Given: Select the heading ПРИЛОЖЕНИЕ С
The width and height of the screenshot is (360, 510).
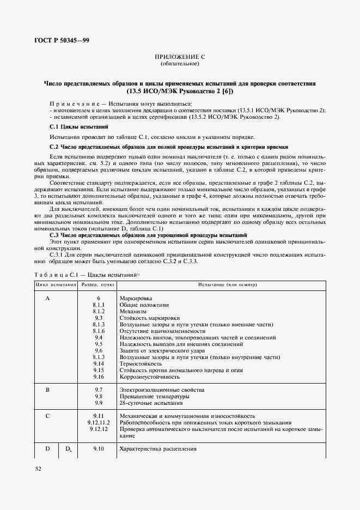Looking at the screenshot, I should [180, 57].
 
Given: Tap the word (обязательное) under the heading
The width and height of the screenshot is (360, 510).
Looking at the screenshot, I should [180, 64].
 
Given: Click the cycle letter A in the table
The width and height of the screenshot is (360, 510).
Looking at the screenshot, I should [47, 299].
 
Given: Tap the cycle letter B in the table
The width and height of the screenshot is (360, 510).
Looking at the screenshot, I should [47, 390].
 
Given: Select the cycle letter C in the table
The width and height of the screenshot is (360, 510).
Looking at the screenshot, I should [47, 416].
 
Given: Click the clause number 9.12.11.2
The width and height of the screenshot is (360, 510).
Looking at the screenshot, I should [99, 422].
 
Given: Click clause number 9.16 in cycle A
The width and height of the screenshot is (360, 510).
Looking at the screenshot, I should [99, 377].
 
